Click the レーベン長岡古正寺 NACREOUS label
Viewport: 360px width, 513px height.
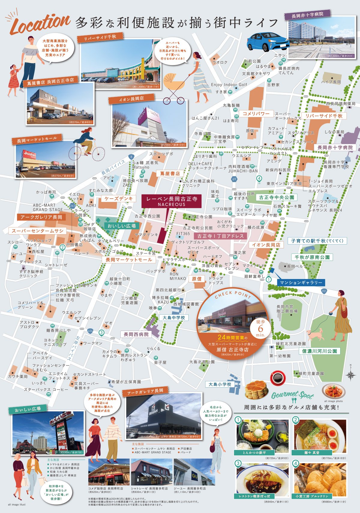172,201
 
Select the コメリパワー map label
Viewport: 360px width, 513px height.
256,114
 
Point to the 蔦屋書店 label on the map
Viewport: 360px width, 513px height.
170,173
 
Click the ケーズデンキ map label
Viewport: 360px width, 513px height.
118,199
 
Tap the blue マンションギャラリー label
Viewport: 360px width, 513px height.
301,283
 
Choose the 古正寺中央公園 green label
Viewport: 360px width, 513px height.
277,197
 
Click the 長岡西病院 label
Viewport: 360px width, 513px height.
136,334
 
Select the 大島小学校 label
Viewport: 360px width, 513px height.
220,384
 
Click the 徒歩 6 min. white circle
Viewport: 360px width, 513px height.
260,328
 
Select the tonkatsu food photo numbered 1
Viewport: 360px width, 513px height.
262,435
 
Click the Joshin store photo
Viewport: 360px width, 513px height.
45,160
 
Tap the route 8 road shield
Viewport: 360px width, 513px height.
131,157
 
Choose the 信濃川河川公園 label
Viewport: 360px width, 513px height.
319,351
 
